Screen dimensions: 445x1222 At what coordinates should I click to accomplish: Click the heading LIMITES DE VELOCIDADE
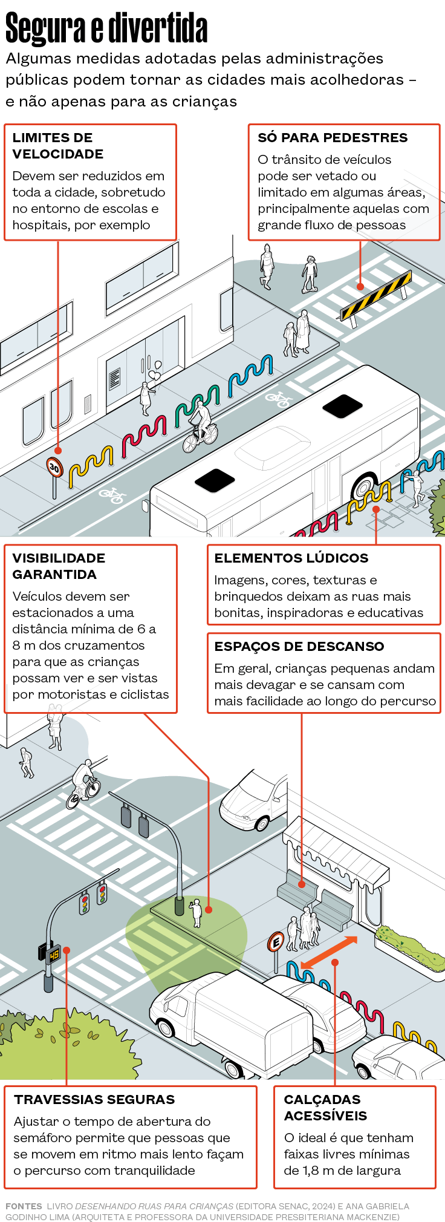[x=58, y=146]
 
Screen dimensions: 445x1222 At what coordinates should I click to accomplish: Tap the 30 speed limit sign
[x=54, y=466]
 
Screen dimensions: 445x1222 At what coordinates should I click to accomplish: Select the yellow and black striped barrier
[x=376, y=296]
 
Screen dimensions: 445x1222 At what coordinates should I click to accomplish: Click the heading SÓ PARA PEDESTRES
[x=333, y=138]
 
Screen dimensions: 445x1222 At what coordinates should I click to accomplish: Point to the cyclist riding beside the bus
[x=200, y=426]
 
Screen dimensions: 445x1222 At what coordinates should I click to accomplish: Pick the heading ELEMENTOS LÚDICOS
[x=291, y=558]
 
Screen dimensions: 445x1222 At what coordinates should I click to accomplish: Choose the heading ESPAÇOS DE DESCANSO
[x=299, y=646]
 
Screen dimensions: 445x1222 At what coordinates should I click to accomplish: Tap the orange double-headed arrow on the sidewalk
[x=329, y=952]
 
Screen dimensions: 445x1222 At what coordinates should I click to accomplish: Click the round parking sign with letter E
[x=276, y=942]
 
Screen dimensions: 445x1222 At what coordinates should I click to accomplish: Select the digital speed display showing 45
[x=54, y=955]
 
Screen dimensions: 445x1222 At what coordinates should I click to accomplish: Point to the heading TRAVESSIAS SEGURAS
[x=94, y=1099]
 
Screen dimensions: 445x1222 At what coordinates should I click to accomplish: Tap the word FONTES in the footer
[x=24, y=1206]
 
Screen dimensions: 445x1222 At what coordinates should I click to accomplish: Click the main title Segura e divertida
[x=106, y=28]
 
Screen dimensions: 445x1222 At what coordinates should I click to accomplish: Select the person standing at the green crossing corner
[x=196, y=913]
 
